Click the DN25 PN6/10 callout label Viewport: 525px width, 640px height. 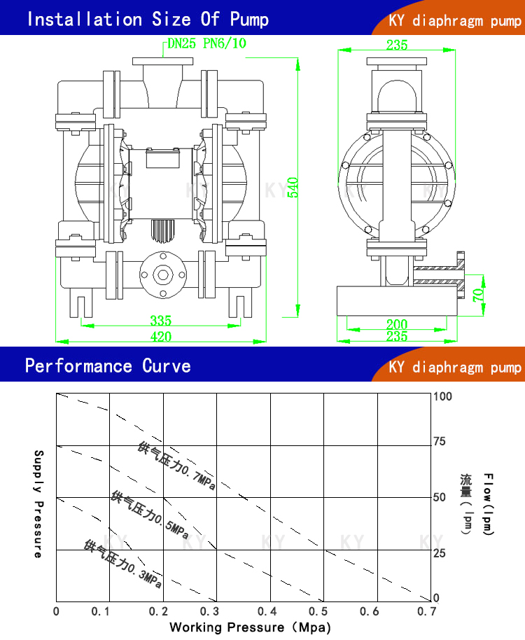[206, 43]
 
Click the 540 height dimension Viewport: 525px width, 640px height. [293, 187]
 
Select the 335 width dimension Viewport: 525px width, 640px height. [160, 321]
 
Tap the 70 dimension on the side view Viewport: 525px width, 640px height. [477, 294]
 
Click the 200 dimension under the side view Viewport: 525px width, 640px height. [396, 324]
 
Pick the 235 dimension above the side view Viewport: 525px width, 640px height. [396, 45]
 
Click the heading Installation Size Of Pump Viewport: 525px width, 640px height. [147, 19]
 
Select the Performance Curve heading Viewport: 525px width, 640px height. [108, 366]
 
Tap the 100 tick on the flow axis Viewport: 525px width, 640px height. [443, 396]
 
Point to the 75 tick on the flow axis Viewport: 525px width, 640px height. [440, 441]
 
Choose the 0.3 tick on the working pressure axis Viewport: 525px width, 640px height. [214, 612]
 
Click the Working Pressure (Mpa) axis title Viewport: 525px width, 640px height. [250, 627]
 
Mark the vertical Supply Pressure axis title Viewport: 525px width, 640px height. [38, 503]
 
